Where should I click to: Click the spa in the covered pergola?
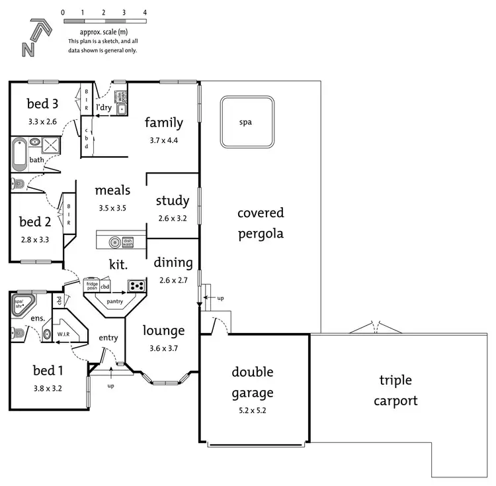[x=246, y=122]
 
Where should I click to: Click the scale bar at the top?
[x=103, y=22]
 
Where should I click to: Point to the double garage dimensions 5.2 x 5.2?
[x=252, y=411]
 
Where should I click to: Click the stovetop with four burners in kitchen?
[x=136, y=286]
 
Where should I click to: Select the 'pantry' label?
[x=115, y=301]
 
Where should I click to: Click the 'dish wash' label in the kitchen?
[x=128, y=243]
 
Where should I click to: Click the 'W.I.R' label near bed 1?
[x=64, y=335]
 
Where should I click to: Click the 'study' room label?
[x=173, y=201]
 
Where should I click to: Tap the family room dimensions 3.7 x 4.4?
[x=164, y=140]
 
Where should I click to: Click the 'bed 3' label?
[x=43, y=104]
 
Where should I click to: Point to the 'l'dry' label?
[x=104, y=107]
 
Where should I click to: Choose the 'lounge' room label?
[x=165, y=330]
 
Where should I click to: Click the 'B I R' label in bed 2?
[x=69, y=214]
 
